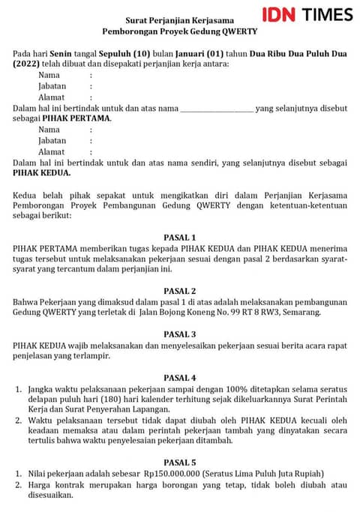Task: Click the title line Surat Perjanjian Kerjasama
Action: point(179,19)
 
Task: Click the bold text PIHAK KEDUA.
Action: point(42,173)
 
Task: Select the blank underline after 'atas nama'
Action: point(217,109)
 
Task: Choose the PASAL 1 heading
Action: point(179,238)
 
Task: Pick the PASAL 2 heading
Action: point(179,291)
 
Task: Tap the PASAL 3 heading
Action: point(179,334)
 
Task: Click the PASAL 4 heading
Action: point(179,378)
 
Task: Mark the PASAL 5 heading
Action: point(179,463)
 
